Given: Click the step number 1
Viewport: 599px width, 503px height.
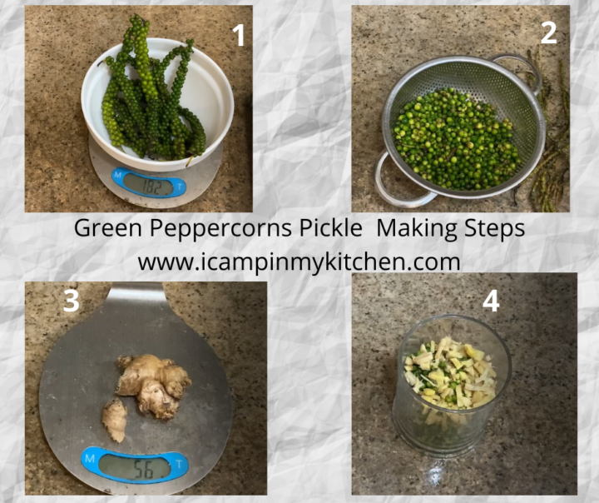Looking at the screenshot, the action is click(239, 35).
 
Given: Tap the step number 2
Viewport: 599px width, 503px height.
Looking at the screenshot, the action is click(548, 33).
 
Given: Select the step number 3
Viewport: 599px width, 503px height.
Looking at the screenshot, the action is click(72, 301).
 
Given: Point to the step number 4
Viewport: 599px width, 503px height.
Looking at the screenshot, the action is click(491, 301).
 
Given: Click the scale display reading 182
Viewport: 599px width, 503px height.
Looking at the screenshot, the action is click(149, 186).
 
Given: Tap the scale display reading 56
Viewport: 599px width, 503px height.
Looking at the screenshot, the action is click(135, 469).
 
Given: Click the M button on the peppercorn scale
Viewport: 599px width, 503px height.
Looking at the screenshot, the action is click(117, 175).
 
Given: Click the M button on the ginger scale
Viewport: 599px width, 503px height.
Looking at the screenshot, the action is click(90, 458).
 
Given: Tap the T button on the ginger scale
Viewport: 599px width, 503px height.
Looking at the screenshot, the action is click(178, 464).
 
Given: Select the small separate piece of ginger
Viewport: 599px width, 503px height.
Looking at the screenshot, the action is click(115, 419).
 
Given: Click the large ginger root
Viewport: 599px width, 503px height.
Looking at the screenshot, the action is click(154, 386).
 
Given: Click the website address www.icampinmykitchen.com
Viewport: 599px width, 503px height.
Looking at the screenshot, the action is click(299, 262).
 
